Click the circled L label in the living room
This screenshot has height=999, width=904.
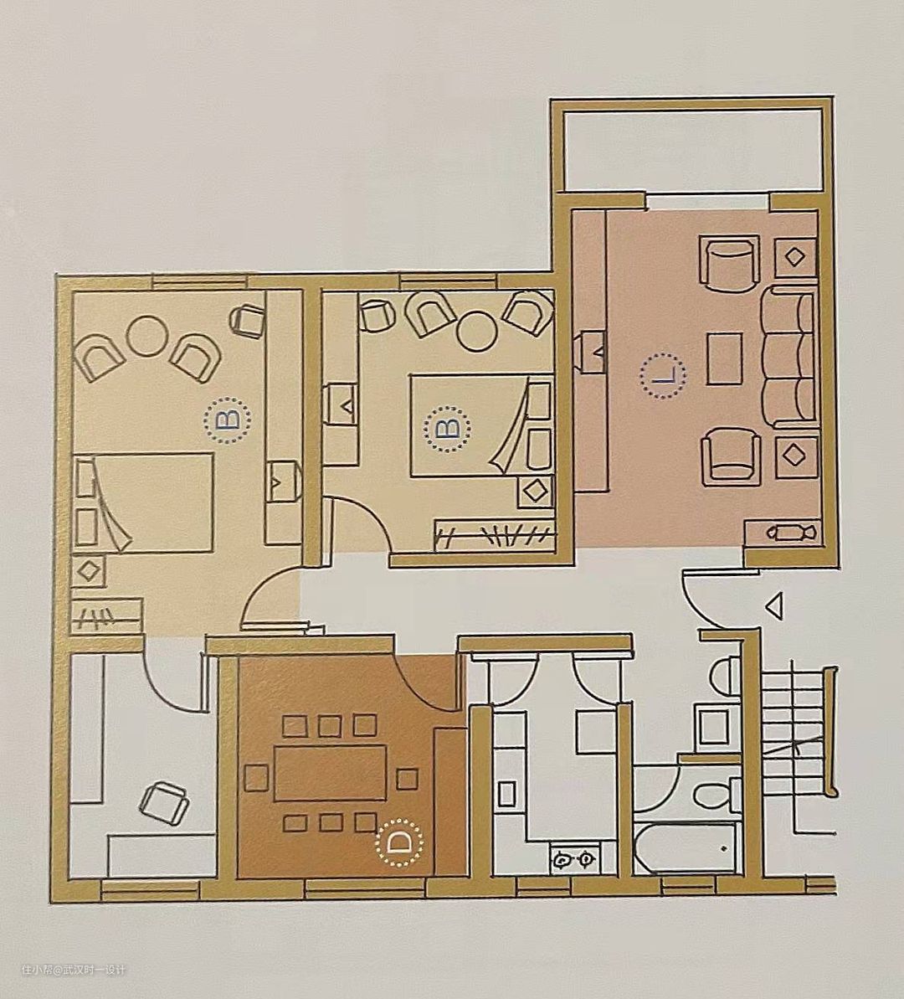(x=663, y=377)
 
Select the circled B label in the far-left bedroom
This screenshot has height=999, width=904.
(x=228, y=419)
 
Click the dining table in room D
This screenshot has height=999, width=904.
(x=331, y=773)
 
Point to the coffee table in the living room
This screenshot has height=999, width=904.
(x=724, y=358)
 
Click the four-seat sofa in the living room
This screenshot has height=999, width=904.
(x=788, y=357)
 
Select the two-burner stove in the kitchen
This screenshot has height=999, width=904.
(x=575, y=859)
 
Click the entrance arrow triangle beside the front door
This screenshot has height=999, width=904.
(x=774, y=605)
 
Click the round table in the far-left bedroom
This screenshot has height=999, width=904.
(x=146, y=337)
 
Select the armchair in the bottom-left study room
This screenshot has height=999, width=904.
(x=164, y=803)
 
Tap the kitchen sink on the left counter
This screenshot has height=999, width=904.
(x=507, y=794)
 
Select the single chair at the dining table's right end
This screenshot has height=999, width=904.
(x=407, y=779)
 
